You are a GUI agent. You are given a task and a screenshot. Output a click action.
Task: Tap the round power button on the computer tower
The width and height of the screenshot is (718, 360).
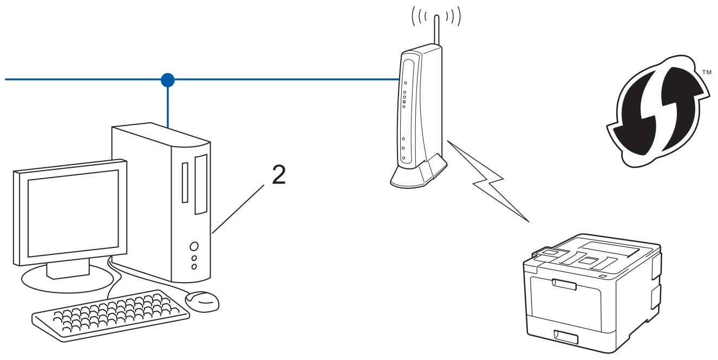(x=194, y=246)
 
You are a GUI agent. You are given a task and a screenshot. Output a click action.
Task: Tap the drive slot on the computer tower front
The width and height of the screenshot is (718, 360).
(x=184, y=181)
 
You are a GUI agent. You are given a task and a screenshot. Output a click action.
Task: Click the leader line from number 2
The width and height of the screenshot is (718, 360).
(x=238, y=209)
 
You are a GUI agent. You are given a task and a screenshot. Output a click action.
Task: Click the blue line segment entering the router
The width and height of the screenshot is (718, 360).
(x=325, y=80)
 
